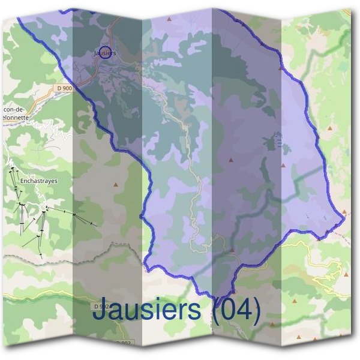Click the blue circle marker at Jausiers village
104,53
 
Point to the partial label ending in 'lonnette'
18,118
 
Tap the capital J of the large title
100,311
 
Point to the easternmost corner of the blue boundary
345,218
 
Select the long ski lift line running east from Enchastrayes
72,214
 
